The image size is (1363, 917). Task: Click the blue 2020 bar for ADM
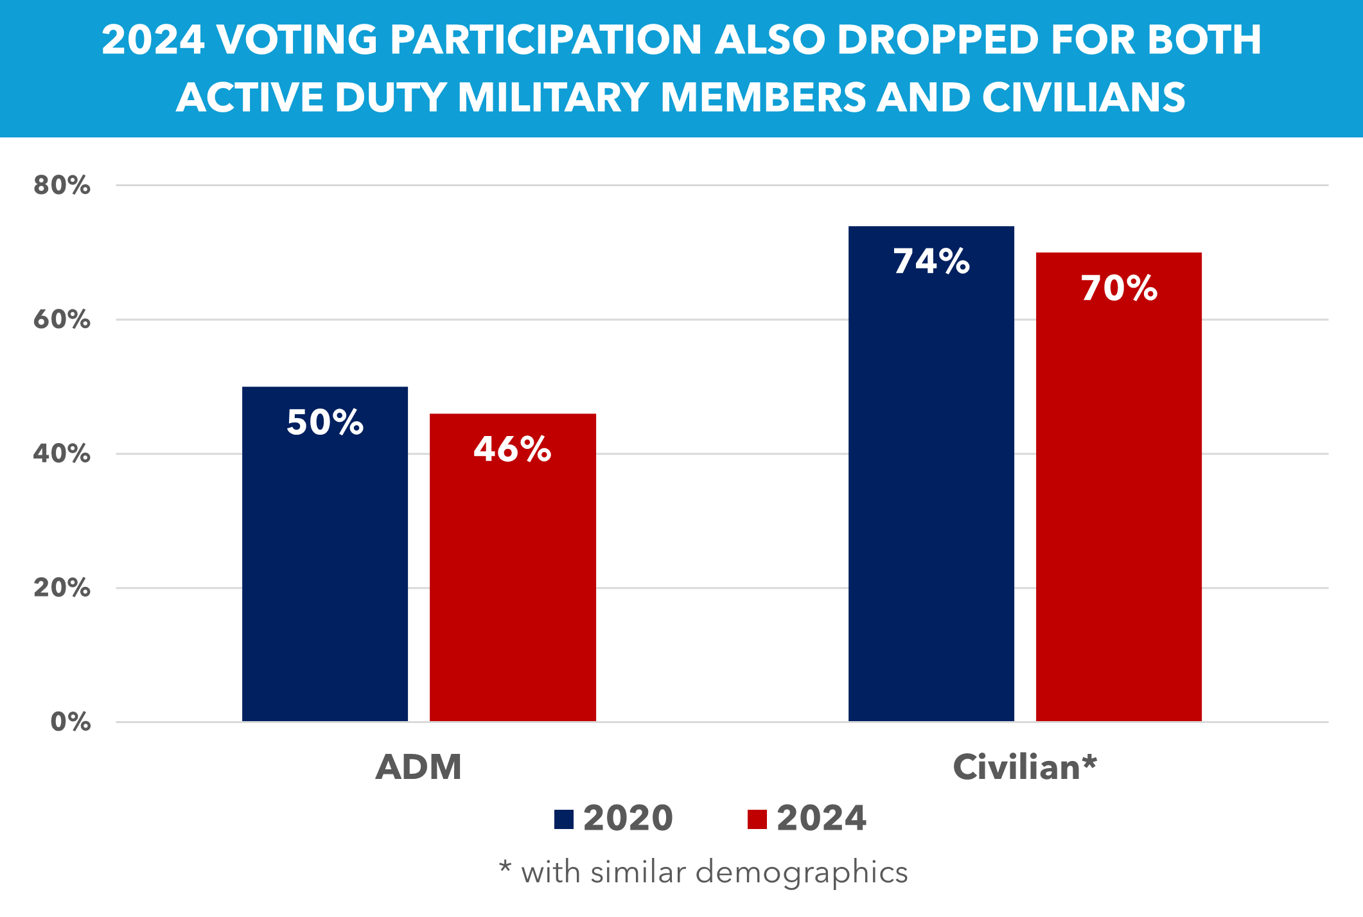coord(325,565)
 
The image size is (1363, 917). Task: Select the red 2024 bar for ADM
coord(513,578)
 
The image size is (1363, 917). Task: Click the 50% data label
coord(325,423)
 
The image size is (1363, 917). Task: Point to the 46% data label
coord(513,449)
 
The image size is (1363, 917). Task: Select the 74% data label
coord(931,261)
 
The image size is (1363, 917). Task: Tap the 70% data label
coord(1119,288)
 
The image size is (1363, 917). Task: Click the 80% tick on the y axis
coord(62,186)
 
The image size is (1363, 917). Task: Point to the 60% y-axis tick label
coord(62,319)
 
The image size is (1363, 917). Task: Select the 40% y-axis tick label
coord(62,454)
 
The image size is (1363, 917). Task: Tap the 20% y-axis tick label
coord(62,588)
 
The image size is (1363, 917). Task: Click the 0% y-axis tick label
coord(70,722)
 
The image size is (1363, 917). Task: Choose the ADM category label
coord(419,767)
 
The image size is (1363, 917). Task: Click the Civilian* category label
coord(1024,767)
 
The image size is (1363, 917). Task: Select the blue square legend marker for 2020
coord(564,819)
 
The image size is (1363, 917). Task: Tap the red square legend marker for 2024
coord(757,819)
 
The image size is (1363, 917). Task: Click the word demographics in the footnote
coord(802,873)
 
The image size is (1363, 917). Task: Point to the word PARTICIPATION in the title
coord(546,40)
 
